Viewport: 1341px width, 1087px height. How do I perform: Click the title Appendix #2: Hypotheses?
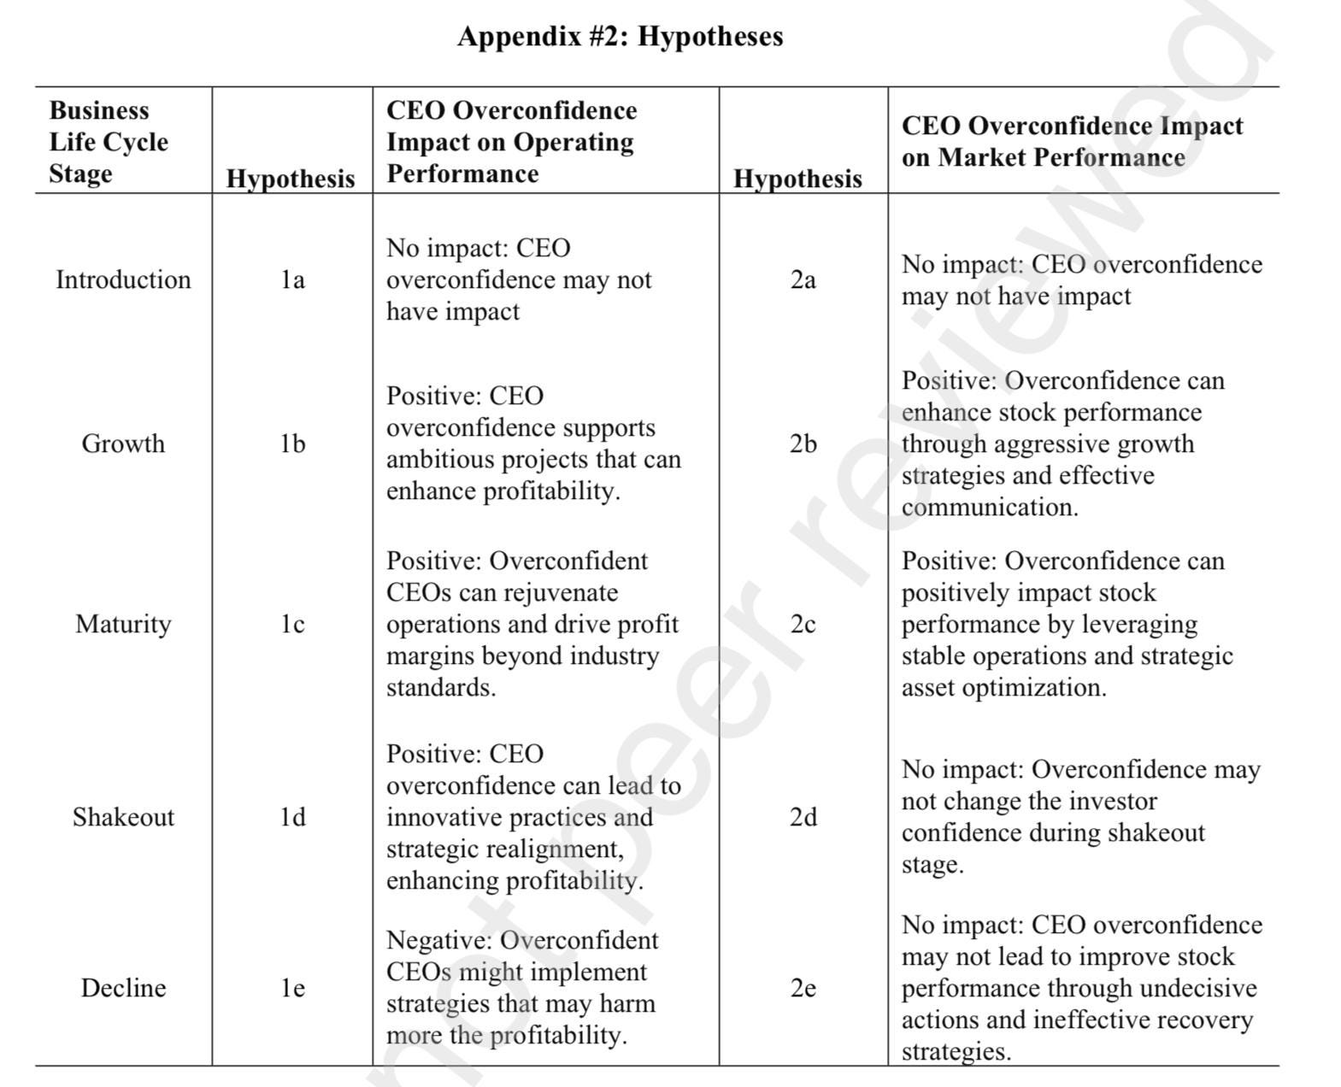(x=620, y=37)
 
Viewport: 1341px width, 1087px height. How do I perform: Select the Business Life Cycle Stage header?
(x=109, y=142)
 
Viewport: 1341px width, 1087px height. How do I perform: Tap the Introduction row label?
(x=123, y=279)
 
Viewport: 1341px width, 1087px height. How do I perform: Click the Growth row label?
(x=123, y=444)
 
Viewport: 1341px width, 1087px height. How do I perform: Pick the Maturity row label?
(x=123, y=624)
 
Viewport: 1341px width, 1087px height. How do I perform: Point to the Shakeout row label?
(x=123, y=817)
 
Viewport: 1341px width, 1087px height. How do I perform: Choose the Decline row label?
(x=123, y=988)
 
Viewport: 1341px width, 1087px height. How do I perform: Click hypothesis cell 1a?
(x=292, y=279)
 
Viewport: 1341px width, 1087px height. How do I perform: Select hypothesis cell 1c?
(x=292, y=624)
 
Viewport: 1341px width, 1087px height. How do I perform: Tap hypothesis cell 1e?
(x=292, y=988)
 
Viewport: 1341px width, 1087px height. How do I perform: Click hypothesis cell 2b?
(x=803, y=444)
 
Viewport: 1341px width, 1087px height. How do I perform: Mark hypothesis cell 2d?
(x=803, y=817)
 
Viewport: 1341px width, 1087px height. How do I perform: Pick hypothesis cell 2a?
(x=803, y=279)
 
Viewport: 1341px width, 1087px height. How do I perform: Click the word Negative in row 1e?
(x=436, y=940)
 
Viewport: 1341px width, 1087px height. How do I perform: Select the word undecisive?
(x=1199, y=988)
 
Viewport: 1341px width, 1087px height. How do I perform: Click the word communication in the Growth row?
(x=989, y=507)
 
